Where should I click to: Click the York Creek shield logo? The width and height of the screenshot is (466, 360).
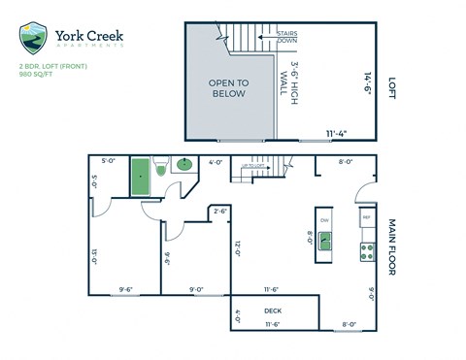33,38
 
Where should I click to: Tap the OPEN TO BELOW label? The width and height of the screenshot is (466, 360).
228,88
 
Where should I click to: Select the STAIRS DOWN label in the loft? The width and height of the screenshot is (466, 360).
286,37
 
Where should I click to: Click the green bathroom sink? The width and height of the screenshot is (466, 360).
183,166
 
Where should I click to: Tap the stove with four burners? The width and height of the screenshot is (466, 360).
368,251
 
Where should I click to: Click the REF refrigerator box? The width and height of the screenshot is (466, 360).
367,218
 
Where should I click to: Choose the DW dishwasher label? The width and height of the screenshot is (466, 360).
324,219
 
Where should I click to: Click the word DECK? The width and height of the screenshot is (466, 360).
273,311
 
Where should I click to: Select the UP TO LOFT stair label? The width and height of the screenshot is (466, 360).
253,166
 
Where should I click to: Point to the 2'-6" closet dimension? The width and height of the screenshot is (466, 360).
220,211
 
